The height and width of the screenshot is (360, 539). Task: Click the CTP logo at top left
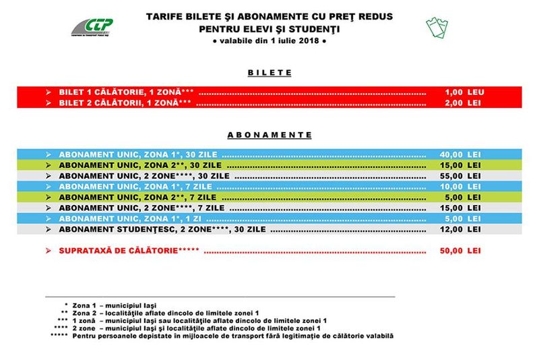click(94, 28)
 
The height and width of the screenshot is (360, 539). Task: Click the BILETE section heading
click(269, 71)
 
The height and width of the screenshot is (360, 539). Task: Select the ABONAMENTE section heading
click(269, 134)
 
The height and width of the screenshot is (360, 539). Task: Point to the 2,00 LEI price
click(463, 103)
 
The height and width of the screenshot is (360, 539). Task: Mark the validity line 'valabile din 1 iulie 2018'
click(269, 42)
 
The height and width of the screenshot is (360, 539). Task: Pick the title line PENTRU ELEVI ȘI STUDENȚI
click(269, 29)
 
